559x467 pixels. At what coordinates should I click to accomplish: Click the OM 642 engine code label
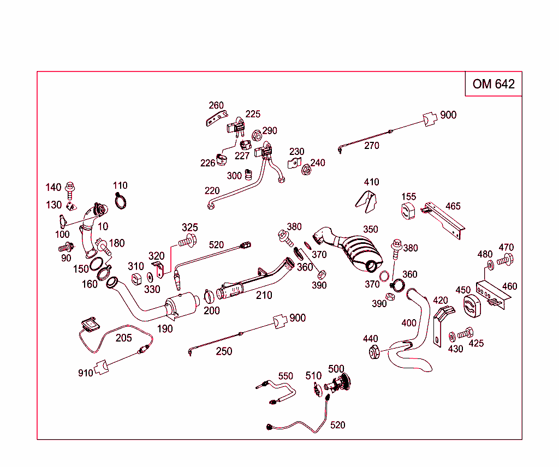pos(493,84)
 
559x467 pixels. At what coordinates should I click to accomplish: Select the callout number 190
pos(165,328)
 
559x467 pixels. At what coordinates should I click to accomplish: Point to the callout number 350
pos(370,229)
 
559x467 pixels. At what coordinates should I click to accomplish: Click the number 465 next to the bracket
pos(453,206)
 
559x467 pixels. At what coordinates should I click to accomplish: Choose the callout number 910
pos(85,373)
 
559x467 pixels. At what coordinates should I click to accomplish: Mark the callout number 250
pos(224,351)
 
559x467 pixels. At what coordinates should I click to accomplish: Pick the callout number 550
pos(286,376)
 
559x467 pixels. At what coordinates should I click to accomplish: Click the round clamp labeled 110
pos(122,201)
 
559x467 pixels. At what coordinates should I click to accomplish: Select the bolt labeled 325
pos(187,240)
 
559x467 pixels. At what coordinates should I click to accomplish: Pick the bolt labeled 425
pos(465,332)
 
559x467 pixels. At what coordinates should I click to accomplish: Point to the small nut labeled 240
pos(307,171)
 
